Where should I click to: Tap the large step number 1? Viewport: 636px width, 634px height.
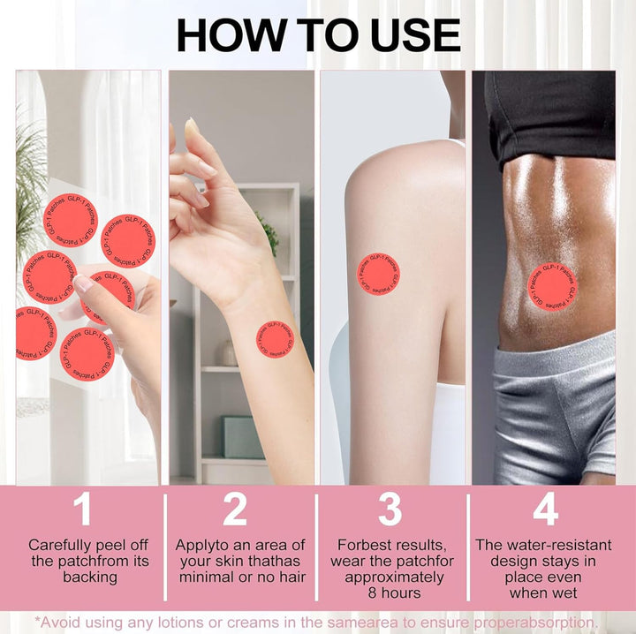coord(82,509)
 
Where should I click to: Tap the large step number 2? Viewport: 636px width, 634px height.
coord(235,509)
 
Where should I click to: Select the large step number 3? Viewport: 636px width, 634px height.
coord(390,509)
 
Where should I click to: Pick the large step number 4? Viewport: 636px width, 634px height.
coord(545,509)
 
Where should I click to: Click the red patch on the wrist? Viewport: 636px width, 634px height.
coord(276,339)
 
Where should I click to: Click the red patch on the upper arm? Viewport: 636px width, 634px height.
coord(378,274)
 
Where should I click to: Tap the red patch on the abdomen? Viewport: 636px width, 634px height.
coord(553,287)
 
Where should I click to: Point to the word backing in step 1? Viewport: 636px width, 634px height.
coord(89,577)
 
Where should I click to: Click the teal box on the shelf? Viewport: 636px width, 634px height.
coord(242,436)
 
